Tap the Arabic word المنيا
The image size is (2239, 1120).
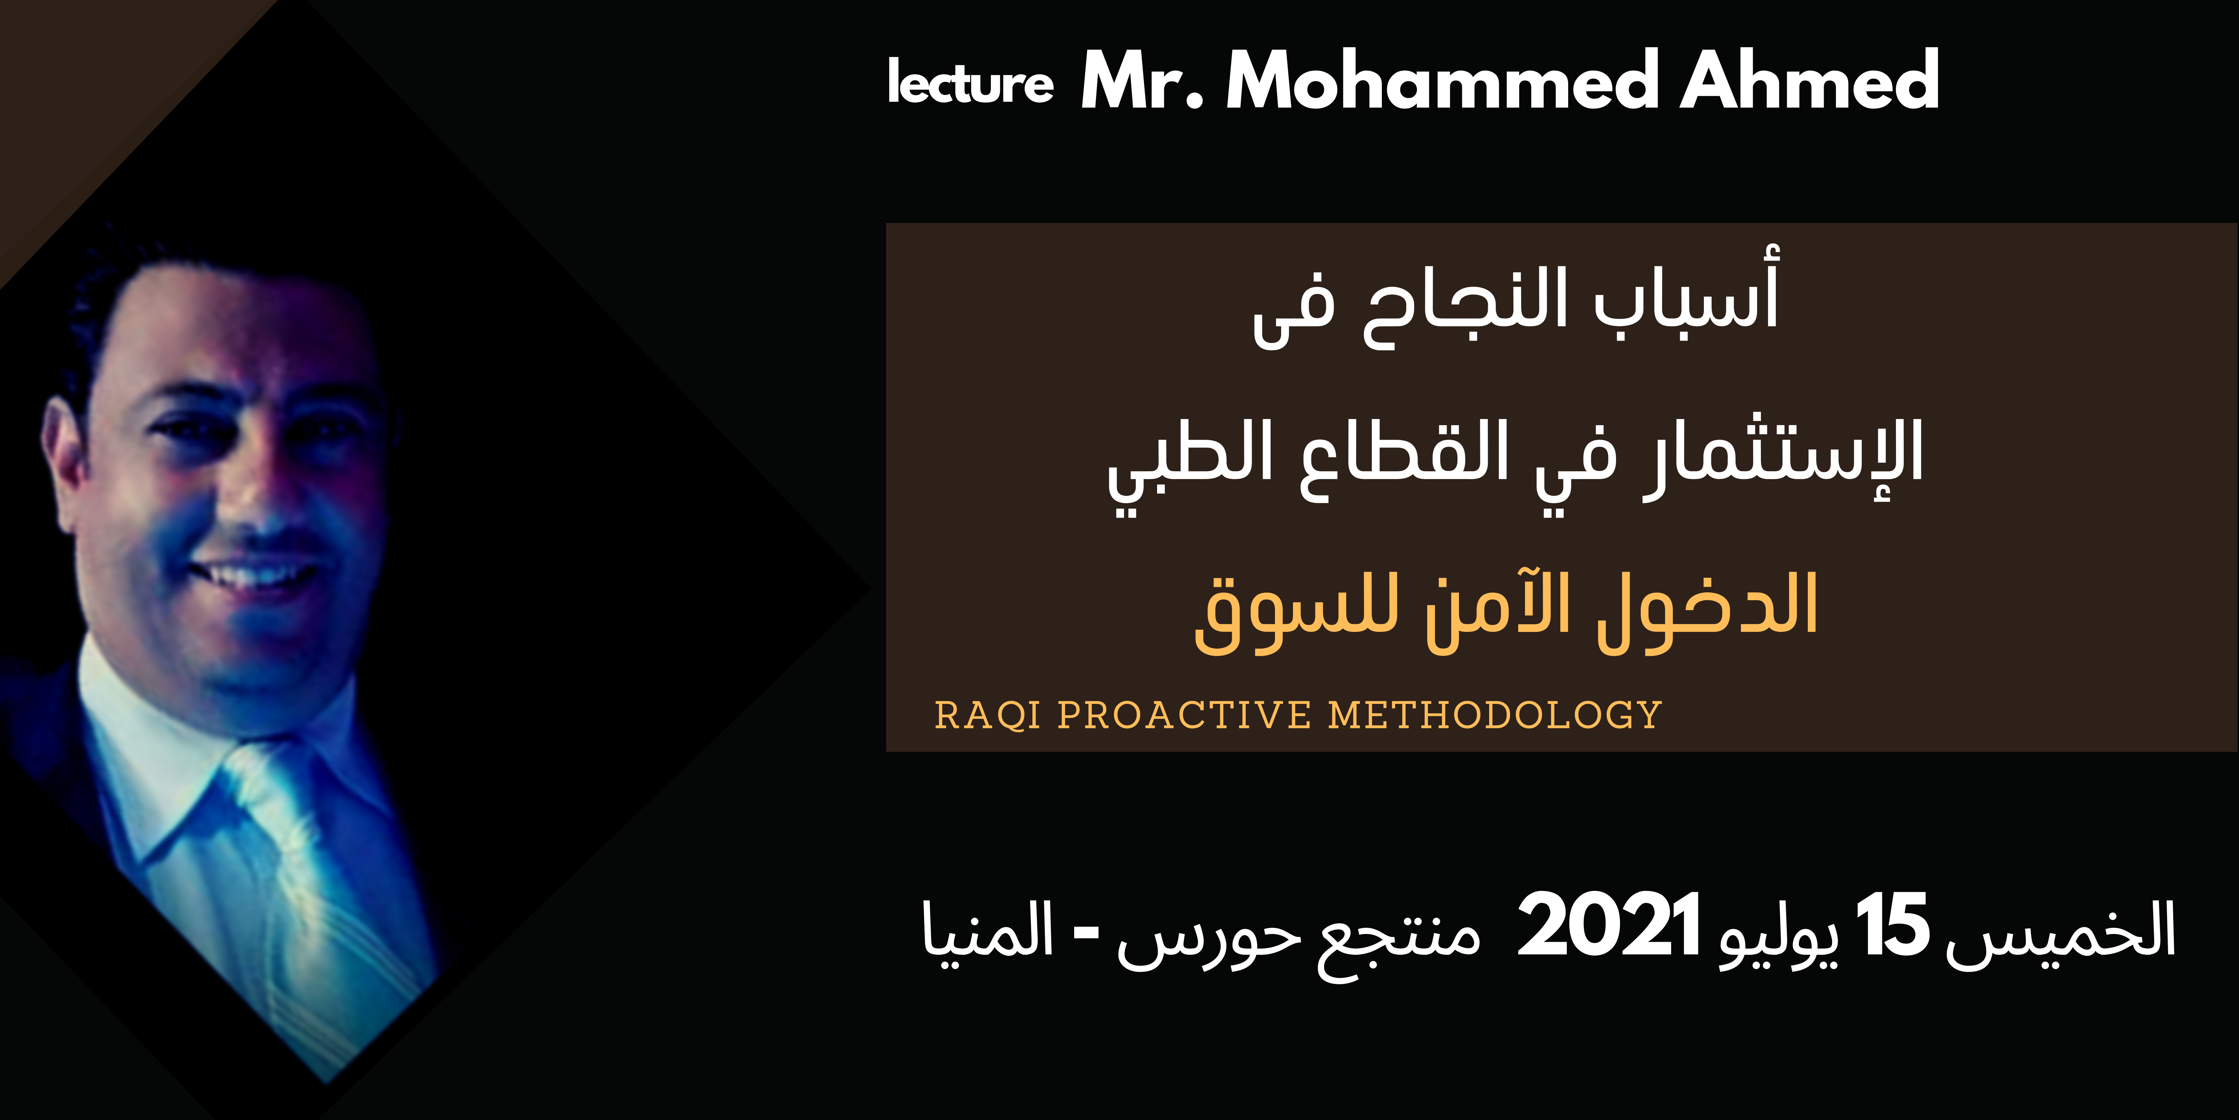(x=988, y=930)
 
